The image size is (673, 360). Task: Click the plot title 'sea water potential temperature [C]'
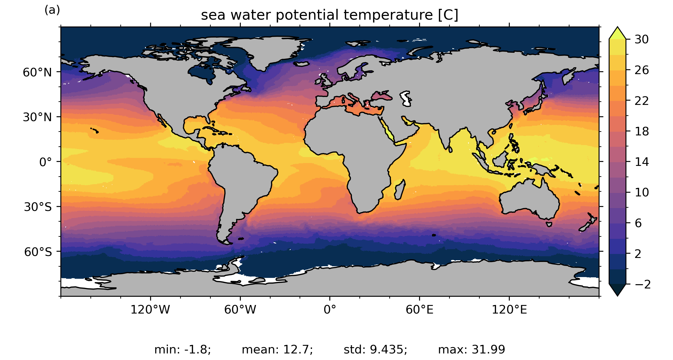(x=329, y=15)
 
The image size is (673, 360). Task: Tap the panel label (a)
(x=52, y=10)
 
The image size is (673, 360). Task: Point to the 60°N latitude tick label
(x=37, y=73)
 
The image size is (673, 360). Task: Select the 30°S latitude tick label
(x=38, y=207)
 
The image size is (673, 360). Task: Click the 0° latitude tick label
(x=46, y=162)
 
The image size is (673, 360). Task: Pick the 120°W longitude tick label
(x=150, y=310)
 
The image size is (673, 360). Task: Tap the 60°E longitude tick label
(x=419, y=310)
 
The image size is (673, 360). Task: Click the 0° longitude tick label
(x=330, y=310)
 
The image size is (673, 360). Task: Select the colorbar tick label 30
(x=642, y=40)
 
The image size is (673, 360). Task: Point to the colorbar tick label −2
(x=643, y=284)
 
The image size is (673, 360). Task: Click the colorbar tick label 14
(x=642, y=162)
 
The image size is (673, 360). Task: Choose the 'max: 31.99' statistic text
(x=472, y=349)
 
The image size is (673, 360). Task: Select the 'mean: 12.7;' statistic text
(x=277, y=349)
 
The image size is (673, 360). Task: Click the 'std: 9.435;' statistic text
(x=376, y=349)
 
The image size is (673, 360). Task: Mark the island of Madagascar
(x=399, y=190)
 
